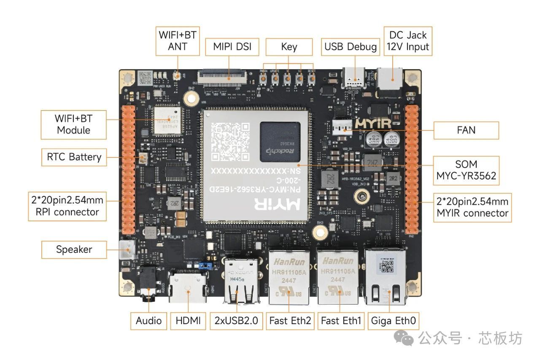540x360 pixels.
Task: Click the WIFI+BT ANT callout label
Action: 177,41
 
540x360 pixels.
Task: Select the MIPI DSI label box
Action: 232,46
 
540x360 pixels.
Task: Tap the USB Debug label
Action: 350,46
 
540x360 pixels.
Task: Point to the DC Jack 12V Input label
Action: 408,41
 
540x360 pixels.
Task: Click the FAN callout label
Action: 466,130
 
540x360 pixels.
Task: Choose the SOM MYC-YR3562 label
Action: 466,171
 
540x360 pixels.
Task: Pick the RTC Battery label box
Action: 74,157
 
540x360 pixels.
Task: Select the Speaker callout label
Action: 74,249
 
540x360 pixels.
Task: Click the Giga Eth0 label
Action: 393,321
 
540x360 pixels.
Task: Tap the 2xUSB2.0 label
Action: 237,321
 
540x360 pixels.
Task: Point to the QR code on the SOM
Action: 230,141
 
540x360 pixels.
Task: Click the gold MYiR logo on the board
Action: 373,123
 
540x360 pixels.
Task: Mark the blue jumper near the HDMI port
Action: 206,266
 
